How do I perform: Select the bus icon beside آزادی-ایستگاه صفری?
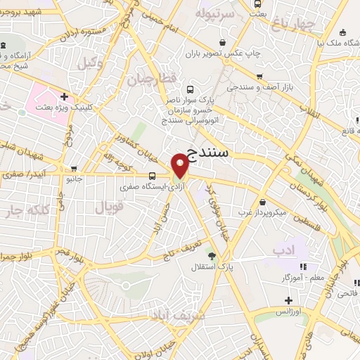(153, 176)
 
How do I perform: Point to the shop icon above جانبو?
(74, 169)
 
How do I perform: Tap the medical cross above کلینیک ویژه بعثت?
(64, 96)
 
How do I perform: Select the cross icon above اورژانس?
(288, 300)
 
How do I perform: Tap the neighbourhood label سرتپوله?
(211, 13)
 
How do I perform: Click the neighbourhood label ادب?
(283, 250)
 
